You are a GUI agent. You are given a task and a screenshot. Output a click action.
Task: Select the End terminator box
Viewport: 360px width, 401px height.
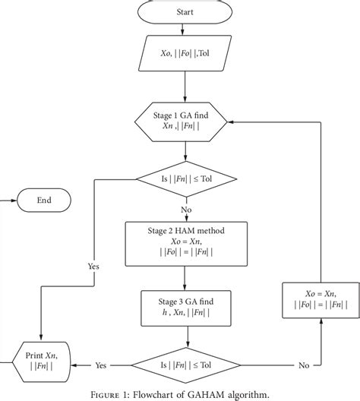43,200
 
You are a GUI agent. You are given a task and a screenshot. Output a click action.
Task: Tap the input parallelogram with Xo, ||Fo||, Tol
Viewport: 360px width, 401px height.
186,55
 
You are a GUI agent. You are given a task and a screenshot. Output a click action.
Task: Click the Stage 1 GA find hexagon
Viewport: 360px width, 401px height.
186,122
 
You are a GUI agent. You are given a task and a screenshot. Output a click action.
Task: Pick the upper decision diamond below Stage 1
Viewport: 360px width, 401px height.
186,179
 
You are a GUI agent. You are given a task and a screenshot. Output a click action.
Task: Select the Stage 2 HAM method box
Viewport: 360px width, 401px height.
186,243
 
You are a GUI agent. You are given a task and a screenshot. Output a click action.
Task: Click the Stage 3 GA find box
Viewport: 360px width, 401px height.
186,308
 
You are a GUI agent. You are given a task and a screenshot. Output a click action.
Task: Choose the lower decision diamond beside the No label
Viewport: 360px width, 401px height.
186,365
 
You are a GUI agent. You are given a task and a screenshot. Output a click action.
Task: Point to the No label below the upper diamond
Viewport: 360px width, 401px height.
185,209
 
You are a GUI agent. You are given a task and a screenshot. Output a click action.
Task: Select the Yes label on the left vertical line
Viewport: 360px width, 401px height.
93,267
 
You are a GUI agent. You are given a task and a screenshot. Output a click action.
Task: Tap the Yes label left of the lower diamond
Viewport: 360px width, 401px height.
100,365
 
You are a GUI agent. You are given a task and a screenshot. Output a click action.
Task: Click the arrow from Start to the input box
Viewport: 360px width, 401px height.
186,30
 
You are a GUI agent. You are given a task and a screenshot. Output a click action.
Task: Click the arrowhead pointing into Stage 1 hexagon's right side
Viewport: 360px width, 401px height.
235,122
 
